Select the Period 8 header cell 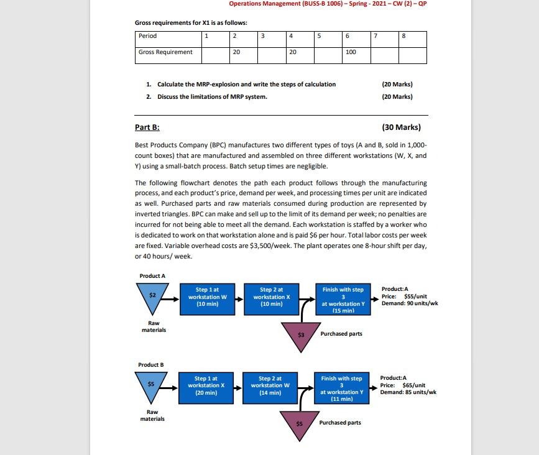(x=412, y=36)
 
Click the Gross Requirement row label (x=166, y=52)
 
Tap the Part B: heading (x=147, y=127)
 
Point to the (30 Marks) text (x=401, y=127)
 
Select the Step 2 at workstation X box (x=271, y=297)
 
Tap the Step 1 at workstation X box (x=207, y=385)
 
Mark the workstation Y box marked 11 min (x=341, y=388)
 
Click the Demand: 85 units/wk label (x=408, y=392)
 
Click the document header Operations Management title (x=328, y=4)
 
